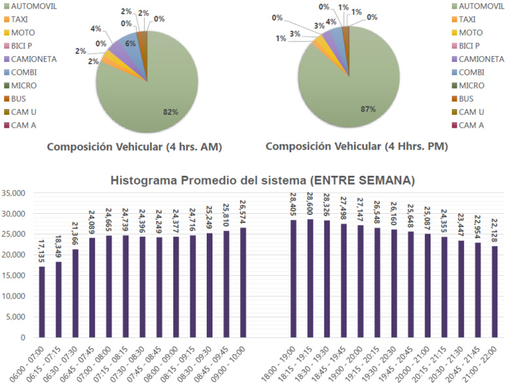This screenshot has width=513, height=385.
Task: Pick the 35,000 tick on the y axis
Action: point(14,193)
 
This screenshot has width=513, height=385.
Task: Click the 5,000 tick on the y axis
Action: point(16,317)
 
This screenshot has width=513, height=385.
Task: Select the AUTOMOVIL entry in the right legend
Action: point(482,7)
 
